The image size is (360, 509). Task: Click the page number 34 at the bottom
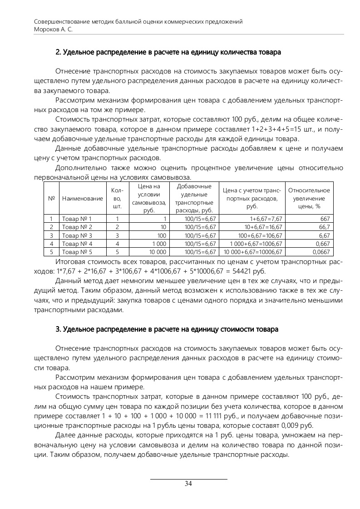click(188, 484)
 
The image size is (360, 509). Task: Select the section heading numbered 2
click(168, 52)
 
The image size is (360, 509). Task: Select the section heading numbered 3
click(167, 328)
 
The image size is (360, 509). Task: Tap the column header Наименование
click(83, 198)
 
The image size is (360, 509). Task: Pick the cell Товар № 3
click(77, 235)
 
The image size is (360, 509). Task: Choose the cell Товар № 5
click(77, 252)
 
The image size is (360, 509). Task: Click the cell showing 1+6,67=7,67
click(263, 219)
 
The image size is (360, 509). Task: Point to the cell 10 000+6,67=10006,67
click(251, 252)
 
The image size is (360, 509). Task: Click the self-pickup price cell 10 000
click(157, 252)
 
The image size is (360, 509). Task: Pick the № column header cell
click(51, 198)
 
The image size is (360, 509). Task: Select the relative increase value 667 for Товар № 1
click(325, 219)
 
